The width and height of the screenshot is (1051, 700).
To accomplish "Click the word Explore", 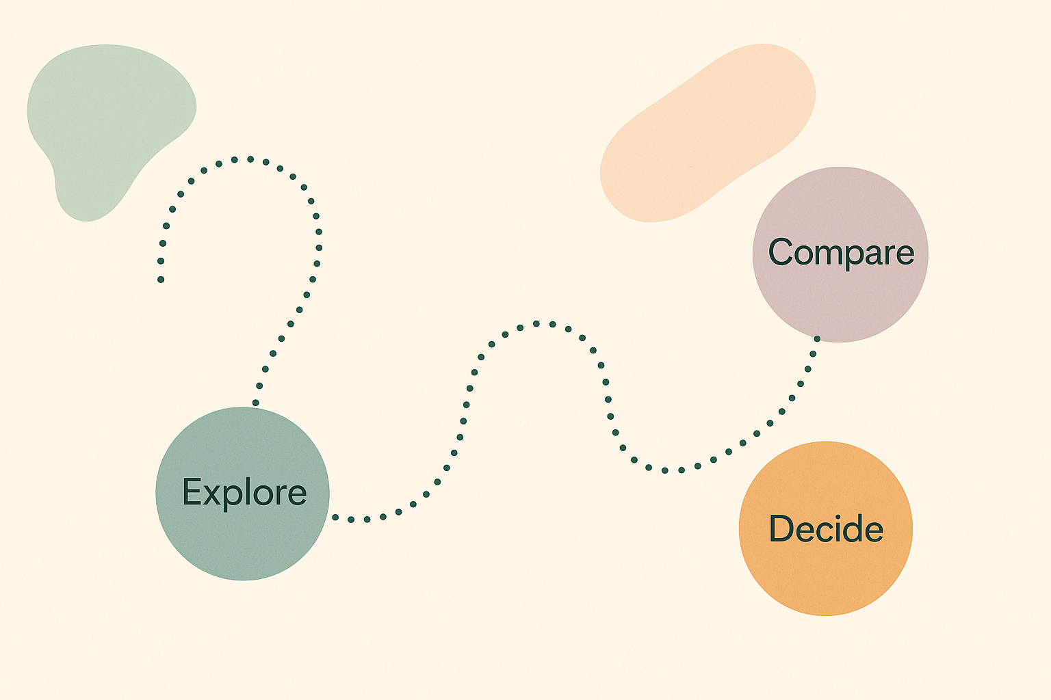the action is [244, 492].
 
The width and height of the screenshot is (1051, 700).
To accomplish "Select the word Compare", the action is [841, 252].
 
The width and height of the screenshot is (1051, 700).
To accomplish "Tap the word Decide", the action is [826, 528].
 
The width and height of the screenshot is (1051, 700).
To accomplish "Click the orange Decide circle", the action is [826, 574].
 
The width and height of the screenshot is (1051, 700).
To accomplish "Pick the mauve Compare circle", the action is [840, 301].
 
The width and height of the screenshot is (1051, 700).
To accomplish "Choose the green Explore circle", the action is [243, 540].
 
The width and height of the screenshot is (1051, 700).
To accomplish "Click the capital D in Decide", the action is [781, 528].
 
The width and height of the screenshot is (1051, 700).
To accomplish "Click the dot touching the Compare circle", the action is [817, 338].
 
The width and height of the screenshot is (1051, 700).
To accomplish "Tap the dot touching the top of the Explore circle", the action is [256, 403].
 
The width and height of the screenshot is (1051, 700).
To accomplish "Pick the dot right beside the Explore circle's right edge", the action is [335, 517].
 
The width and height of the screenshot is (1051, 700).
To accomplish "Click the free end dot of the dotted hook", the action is [161, 279].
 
